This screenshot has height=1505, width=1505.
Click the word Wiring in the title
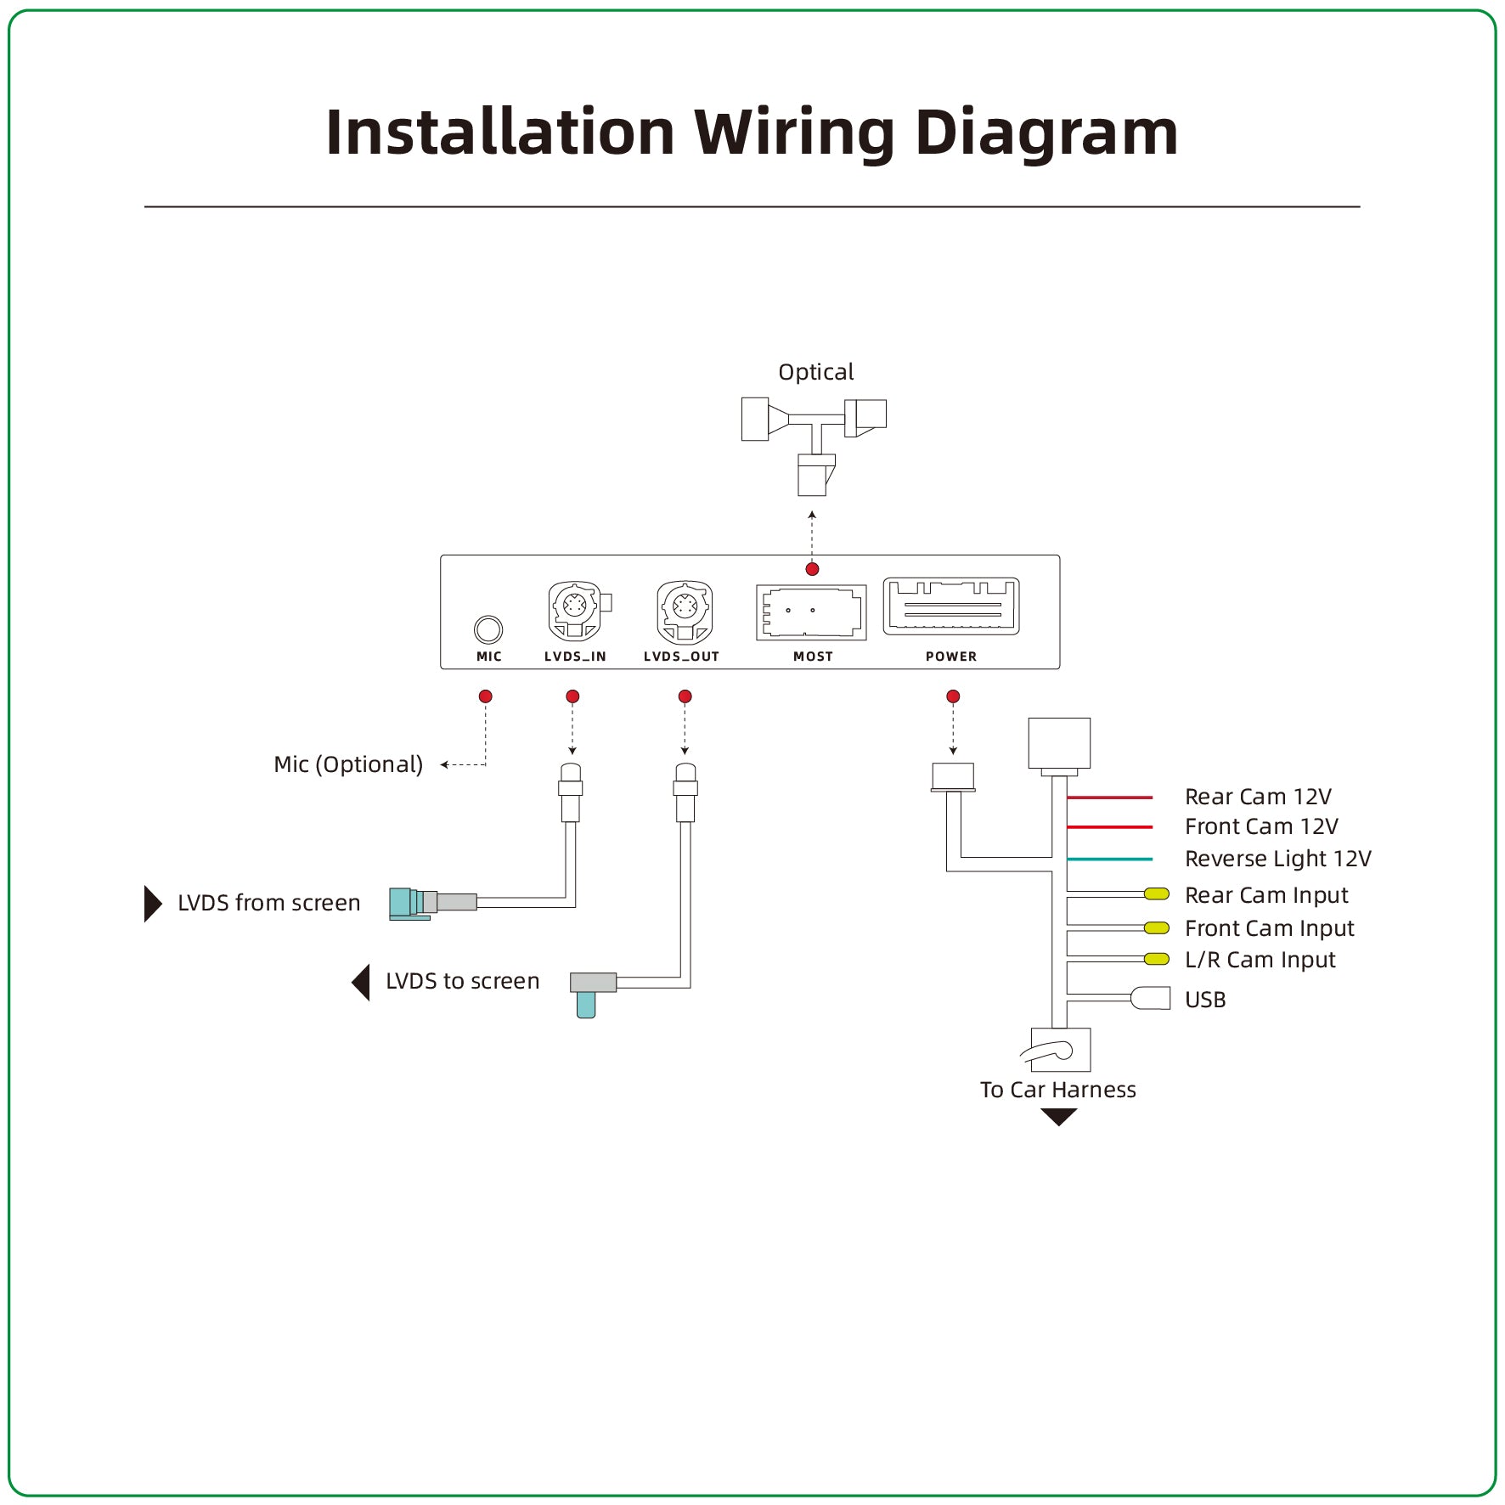click(x=794, y=133)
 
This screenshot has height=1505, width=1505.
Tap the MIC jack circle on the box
click(x=488, y=629)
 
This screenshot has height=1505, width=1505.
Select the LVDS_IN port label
click(x=575, y=657)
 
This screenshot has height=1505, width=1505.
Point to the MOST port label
click(x=813, y=657)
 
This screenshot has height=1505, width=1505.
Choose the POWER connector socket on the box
click(x=951, y=606)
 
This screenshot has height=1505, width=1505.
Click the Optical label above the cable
click(x=815, y=372)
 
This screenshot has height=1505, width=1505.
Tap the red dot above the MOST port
click(x=812, y=569)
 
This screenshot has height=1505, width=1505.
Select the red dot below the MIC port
click(x=486, y=696)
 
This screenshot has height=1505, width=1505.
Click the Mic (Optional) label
click(x=348, y=764)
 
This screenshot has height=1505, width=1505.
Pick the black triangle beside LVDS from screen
click(x=152, y=904)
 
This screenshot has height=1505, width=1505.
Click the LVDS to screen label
click(x=462, y=981)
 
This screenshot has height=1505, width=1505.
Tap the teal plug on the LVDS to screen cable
click(x=586, y=1005)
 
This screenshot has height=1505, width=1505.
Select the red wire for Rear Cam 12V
click(x=1109, y=798)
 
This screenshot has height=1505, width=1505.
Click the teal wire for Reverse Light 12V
click(x=1109, y=860)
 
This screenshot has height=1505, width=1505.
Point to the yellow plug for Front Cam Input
click(x=1157, y=928)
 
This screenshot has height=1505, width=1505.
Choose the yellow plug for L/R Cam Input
click(x=1157, y=960)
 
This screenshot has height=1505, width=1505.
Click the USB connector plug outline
click(x=1152, y=998)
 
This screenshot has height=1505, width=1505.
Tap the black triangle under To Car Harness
click(x=1058, y=1117)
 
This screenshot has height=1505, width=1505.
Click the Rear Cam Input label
click(x=1265, y=895)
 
